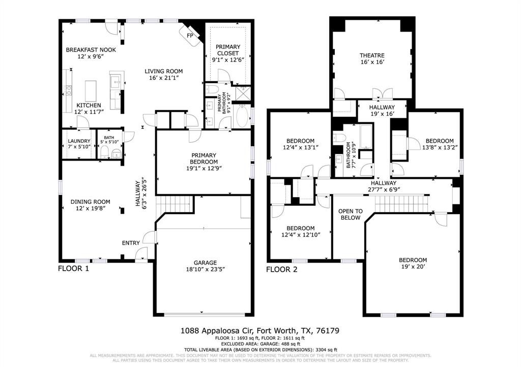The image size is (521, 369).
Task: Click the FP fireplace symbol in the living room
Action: pos(190,36)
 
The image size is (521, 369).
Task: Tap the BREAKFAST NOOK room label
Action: pos(91,50)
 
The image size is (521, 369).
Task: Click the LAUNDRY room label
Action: pos(79,141)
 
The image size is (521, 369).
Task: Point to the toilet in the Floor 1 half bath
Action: pos(104,152)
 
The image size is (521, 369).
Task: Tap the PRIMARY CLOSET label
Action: pos(228,50)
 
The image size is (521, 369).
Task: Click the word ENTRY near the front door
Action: pos(131,243)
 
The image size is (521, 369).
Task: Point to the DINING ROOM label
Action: pos(90,202)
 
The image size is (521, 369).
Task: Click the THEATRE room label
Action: pos(372,56)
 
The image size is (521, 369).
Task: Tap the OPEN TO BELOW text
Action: pos(351,214)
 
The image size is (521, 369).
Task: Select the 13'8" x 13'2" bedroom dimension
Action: pos(439,148)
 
